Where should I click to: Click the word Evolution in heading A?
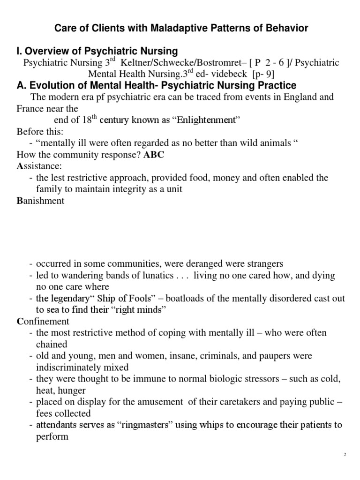[49, 85]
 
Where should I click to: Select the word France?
[30, 108]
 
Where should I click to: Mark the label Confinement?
[43, 321]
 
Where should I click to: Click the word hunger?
[71, 390]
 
